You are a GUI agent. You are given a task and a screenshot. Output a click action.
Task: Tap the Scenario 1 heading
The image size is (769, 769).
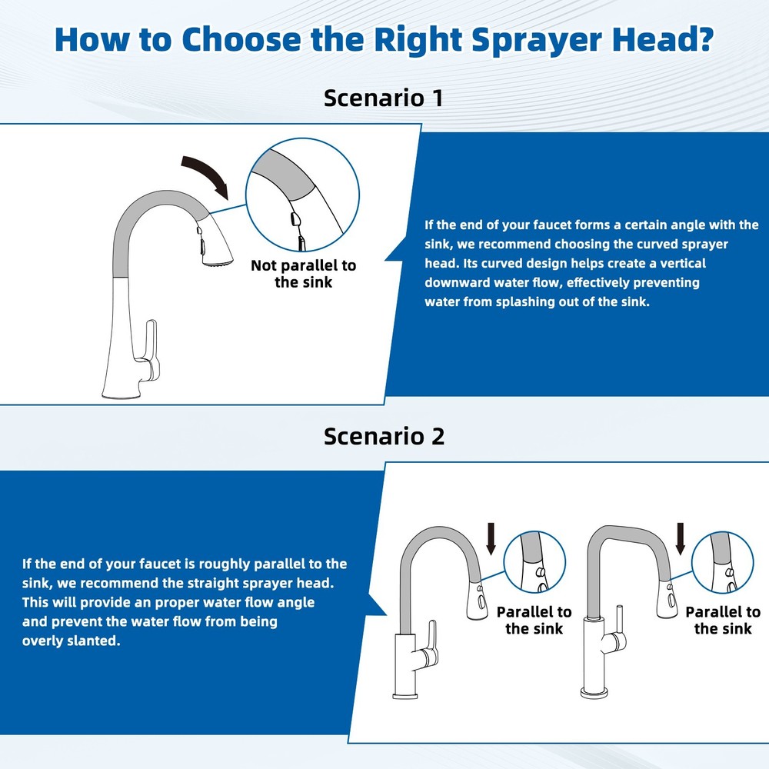click(x=383, y=98)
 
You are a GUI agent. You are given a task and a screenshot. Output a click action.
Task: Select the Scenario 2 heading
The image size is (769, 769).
click(x=383, y=436)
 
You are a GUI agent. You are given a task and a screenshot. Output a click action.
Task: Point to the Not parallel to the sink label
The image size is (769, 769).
click(x=303, y=274)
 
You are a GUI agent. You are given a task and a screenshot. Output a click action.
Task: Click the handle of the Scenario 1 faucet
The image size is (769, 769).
click(x=151, y=350)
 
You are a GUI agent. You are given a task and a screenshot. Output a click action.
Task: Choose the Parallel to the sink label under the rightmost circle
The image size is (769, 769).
click(x=722, y=620)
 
